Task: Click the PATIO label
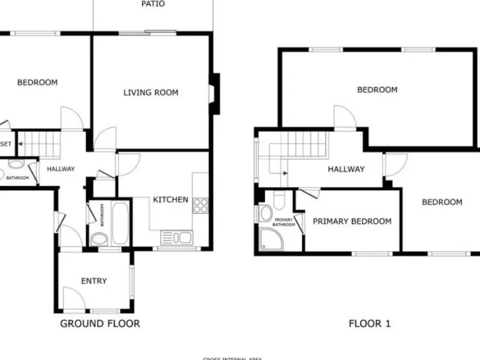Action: [x=153, y=4]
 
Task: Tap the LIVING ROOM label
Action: [x=151, y=92]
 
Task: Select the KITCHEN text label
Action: [x=171, y=200]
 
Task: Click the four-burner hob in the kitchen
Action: [x=200, y=206]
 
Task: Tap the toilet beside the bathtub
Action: [x=98, y=238]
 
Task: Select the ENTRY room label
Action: [x=94, y=281]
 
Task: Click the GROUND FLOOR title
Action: [x=100, y=323]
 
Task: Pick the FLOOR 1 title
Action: [x=369, y=324]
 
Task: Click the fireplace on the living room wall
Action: [x=214, y=94]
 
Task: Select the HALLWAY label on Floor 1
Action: [x=346, y=169]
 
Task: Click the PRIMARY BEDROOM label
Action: [x=352, y=221]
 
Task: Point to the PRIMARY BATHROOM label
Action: [x=284, y=222]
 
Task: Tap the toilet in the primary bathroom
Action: [x=279, y=200]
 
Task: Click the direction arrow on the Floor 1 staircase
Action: [x=283, y=171]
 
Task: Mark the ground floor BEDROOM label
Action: [x=37, y=82]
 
